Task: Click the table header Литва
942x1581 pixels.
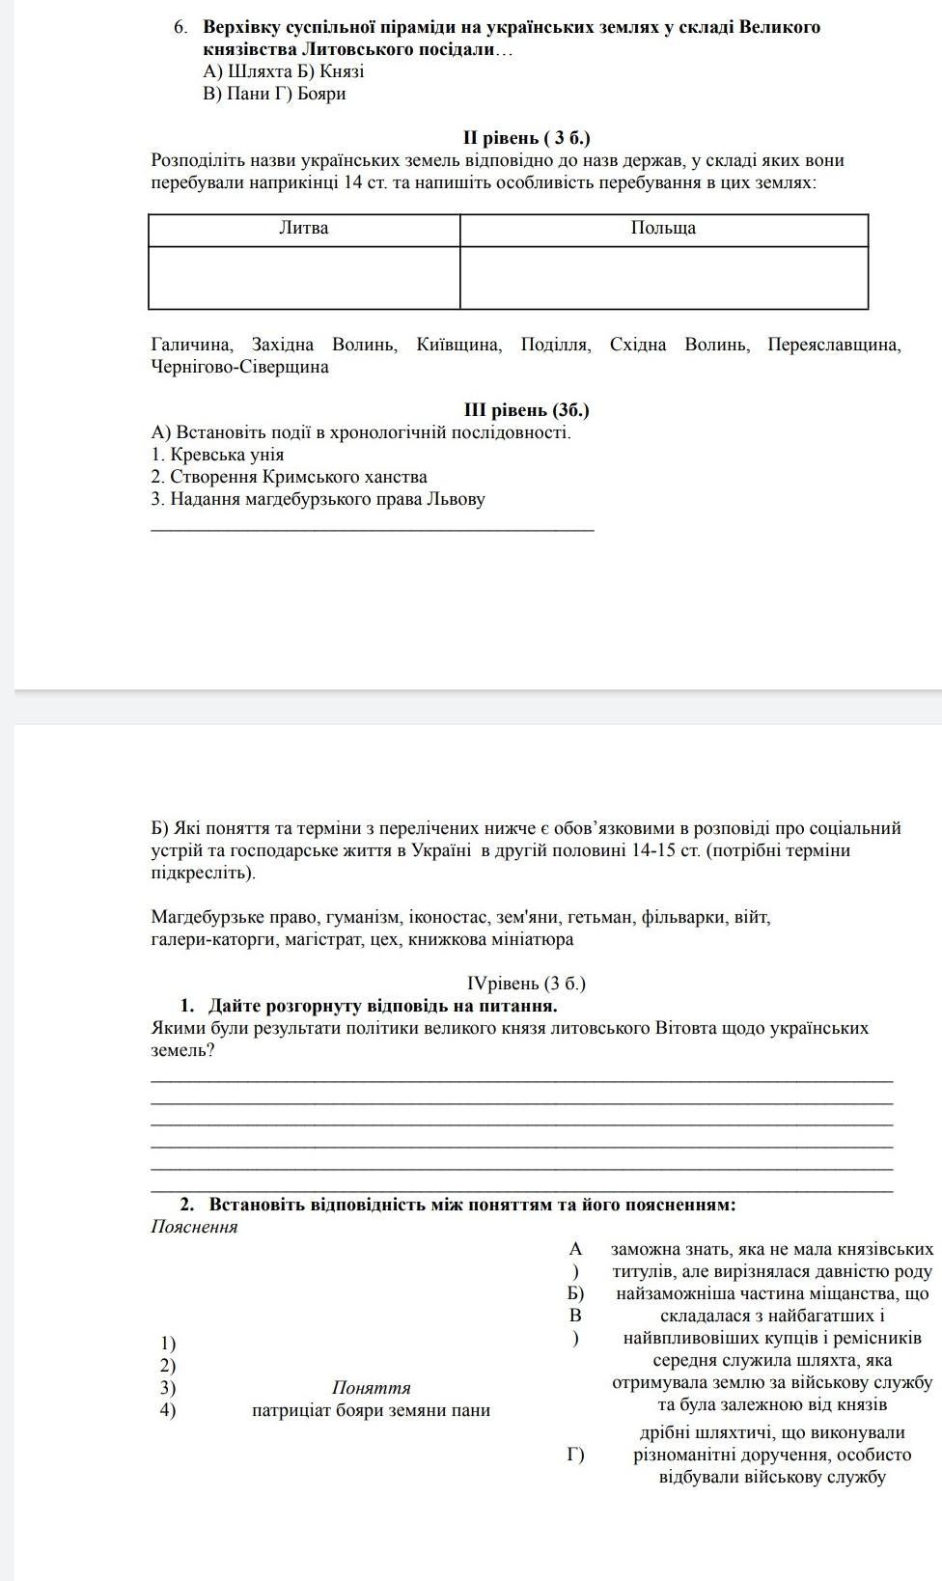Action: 304,229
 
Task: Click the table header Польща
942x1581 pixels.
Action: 663,229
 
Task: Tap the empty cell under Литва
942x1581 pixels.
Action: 304,278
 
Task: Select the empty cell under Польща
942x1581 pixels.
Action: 663,278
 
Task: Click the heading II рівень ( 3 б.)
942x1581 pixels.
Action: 526,138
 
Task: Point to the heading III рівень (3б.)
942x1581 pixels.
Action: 526,410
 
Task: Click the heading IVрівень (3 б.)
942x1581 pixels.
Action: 526,984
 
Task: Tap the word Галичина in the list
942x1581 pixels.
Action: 191,345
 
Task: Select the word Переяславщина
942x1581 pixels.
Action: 834,345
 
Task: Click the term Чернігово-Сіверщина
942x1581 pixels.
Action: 239,367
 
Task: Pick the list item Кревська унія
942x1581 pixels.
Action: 227,455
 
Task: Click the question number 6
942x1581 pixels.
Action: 180,27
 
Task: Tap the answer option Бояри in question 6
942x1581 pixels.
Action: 321,94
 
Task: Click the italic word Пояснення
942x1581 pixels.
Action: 194,1228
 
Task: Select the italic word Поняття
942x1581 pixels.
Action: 372,1388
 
